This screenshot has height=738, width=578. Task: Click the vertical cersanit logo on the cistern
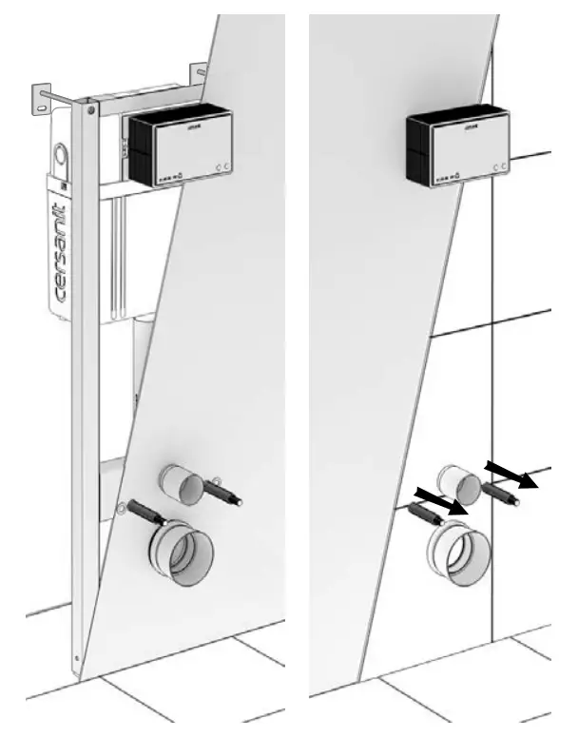coord(60,251)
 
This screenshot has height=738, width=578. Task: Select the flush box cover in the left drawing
coord(191,146)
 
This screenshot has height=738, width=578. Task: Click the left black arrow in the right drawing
coord(442,501)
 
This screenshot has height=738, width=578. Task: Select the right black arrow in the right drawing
coord(510,473)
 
